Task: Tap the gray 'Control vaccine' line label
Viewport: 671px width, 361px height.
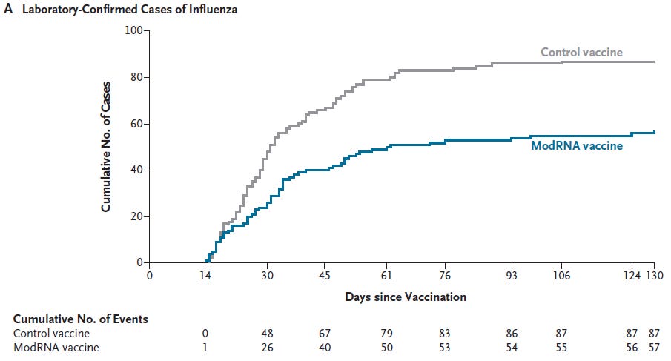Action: pyautogui.click(x=581, y=52)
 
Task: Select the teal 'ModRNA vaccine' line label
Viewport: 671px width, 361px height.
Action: pyautogui.click(x=576, y=145)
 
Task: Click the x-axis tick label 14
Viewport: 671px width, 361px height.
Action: pyautogui.click(x=207, y=276)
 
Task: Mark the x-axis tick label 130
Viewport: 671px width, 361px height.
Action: pyautogui.click(x=654, y=276)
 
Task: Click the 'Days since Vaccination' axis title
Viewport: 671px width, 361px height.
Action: pyautogui.click(x=405, y=297)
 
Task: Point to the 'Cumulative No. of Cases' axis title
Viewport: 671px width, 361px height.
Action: pyautogui.click(x=106, y=147)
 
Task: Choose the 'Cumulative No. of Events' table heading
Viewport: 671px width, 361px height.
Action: pyautogui.click(x=80, y=319)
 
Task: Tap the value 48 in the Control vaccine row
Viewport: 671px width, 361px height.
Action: pyautogui.click(x=267, y=334)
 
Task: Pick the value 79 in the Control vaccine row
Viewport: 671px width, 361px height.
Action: pyautogui.click(x=386, y=334)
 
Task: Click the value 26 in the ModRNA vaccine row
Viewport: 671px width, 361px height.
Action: pyautogui.click(x=267, y=348)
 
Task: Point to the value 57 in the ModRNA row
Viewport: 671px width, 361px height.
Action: pyautogui.click(x=654, y=348)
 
